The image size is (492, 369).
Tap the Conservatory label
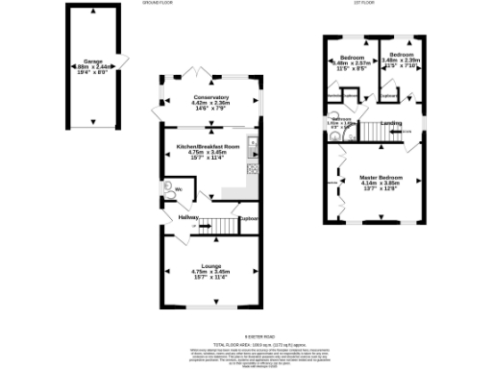(x=211, y=97)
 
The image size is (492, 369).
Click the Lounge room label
(x=211, y=265)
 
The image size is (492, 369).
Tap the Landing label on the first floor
(x=390, y=123)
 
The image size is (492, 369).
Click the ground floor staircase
(x=223, y=226)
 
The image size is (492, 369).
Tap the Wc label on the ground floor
(x=179, y=190)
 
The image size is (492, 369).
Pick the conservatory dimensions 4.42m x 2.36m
(x=211, y=104)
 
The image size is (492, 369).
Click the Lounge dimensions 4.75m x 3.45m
(x=211, y=272)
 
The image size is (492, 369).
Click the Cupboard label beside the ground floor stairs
(x=249, y=219)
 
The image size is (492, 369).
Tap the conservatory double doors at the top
(x=197, y=73)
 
